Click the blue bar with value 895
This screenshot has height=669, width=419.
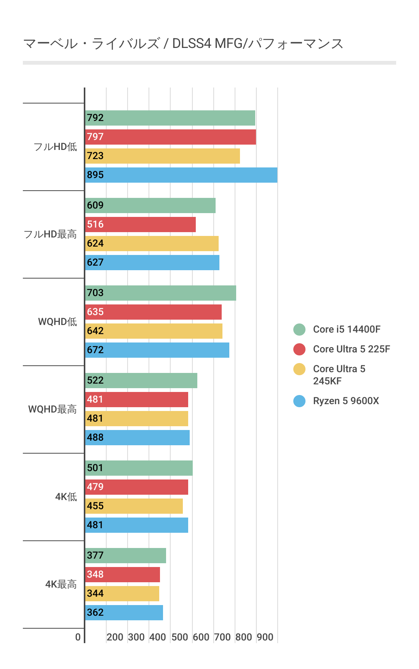point(181,175)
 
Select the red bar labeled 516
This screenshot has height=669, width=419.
point(141,225)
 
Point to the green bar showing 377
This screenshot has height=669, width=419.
point(126,556)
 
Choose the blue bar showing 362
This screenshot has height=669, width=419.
point(124,613)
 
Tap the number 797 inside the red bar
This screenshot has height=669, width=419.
point(95,137)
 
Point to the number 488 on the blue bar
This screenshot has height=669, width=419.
point(95,437)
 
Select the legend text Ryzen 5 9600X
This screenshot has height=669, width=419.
point(346,401)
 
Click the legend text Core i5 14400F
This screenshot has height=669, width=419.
point(347,329)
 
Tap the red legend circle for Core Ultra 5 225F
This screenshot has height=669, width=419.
point(299,349)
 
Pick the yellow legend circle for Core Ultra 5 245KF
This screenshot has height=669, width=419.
point(299,369)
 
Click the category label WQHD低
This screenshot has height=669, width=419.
point(58,322)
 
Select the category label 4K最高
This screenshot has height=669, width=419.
point(61,584)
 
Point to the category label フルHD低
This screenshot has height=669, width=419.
point(55,147)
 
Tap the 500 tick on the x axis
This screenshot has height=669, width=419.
point(180,637)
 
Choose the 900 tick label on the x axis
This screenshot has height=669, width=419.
point(265,637)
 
